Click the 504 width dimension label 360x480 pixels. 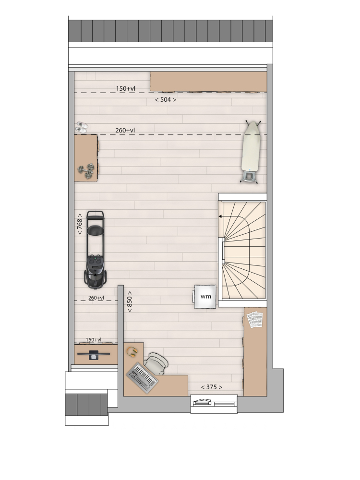165,99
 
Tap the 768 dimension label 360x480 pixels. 80,224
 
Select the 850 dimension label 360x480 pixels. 130,301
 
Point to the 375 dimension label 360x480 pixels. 212,387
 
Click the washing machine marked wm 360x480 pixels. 205,296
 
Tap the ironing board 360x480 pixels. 251,152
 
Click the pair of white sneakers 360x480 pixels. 82,127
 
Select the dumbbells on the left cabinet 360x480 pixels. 86,171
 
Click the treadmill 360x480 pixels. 96,250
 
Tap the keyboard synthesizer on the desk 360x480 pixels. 143,378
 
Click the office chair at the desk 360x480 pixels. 156,363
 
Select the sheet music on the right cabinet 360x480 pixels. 255,320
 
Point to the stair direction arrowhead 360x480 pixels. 220,216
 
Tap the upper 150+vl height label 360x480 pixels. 125,88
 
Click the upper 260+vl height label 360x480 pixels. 125,130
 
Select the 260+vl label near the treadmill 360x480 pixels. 96,298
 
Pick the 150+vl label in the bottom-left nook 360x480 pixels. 94,339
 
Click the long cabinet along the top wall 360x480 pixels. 208,82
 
